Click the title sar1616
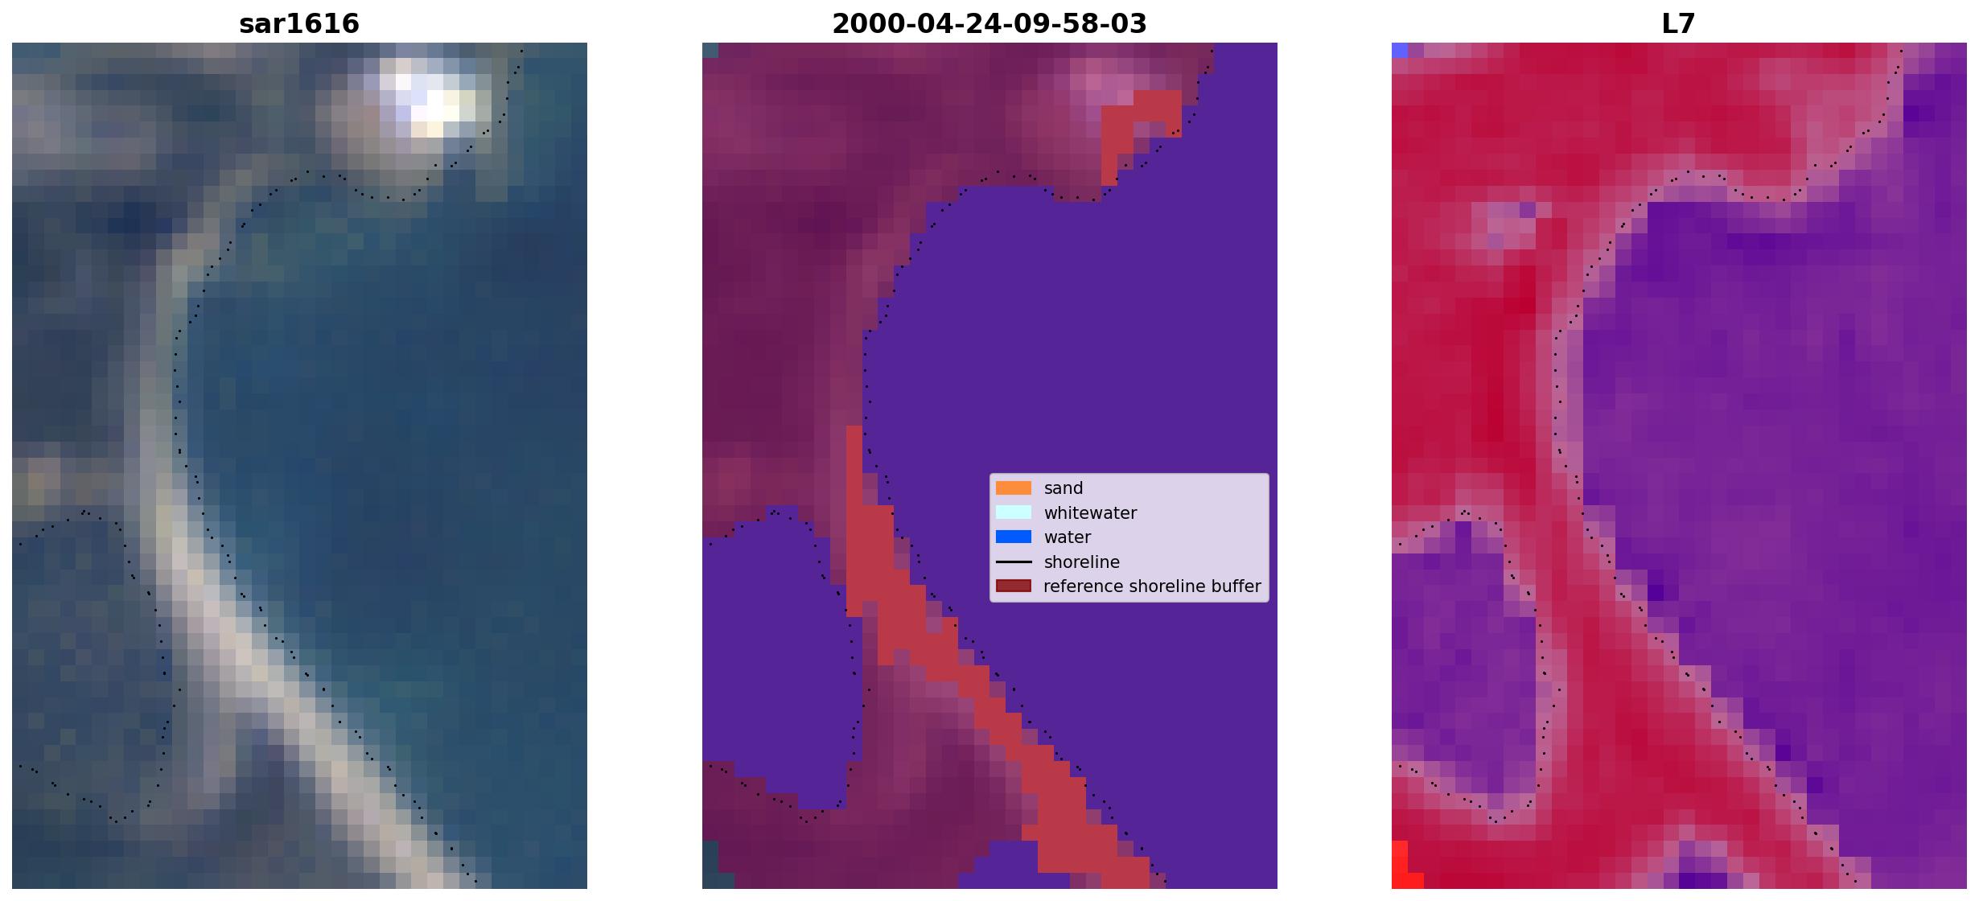pos(299,24)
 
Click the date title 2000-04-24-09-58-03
pos(989,24)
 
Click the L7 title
pos(1679,24)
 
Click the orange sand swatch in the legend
pos(1014,488)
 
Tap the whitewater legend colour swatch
pos(1014,512)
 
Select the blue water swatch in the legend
pos(1014,537)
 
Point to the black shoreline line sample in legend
pos(1014,562)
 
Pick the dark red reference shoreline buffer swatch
pos(1014,586)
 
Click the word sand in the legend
pos(1064,488)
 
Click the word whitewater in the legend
pos(1090,513)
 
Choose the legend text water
pos(1068,537)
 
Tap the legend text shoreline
pos(1082,562)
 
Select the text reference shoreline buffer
pos(1152,586)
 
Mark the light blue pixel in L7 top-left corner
pos(1400,50)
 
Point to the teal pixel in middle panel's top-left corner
pos(710,50)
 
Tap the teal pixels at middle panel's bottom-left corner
pos(711,866)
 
